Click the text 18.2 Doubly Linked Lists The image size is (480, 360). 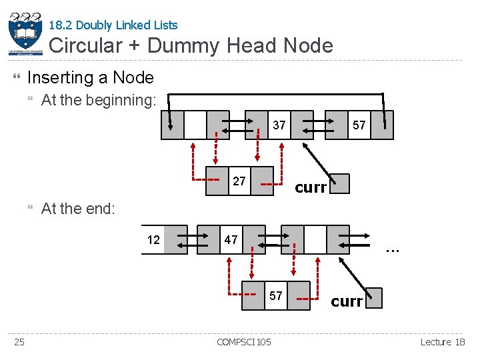click(x=113, y=25)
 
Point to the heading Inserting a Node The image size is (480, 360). click(x=91, y=77)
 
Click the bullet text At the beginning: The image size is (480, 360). click(x=99, y=101)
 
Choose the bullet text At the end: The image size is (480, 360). click(x=78, y=209)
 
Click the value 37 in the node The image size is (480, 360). click(x=279, y=125)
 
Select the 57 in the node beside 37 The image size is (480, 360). click(x=359, y=125)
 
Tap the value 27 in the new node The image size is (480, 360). click(x=239, y=181)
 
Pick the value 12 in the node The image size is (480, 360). click(x=153, y=240)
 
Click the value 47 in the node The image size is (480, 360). click(x=231, y=240)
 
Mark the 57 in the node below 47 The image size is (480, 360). click(x=275, y=295)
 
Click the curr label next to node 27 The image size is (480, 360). click(x=311, y=187)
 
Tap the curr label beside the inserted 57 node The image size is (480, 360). click(x=347, y=301)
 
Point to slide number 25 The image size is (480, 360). click(x=20, y=342)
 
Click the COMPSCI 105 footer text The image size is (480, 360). click(x=244, y=342)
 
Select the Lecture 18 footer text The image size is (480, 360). click(x=443, y=342)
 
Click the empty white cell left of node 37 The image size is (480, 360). click(x=195, y=125)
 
